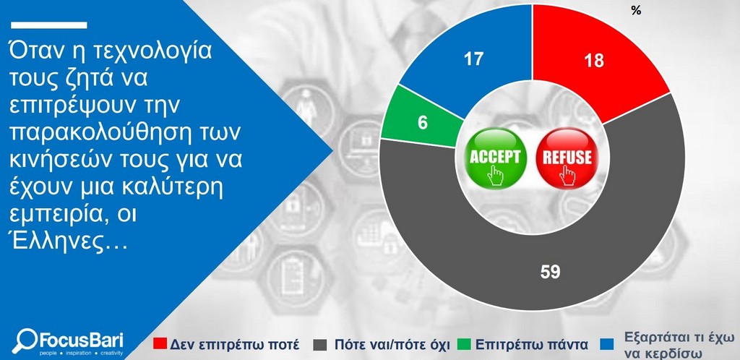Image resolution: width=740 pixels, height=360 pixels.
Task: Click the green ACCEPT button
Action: (494, 158)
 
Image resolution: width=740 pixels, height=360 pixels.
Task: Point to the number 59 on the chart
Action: (550, 272)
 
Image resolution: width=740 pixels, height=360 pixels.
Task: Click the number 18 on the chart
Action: (594, 61)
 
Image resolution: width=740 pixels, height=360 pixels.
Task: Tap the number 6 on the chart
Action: (422, 123)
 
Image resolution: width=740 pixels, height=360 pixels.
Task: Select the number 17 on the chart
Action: (473, 59)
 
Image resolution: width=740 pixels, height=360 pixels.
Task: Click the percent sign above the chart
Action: (636, 11)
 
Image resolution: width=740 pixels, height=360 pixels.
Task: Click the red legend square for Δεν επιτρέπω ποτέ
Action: (160, 344)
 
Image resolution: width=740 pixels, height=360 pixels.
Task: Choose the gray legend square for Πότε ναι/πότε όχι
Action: (319, 344)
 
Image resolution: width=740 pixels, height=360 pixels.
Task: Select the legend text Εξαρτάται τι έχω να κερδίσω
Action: (679, 346)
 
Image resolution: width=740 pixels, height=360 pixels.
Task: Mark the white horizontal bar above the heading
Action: (49, 25)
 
